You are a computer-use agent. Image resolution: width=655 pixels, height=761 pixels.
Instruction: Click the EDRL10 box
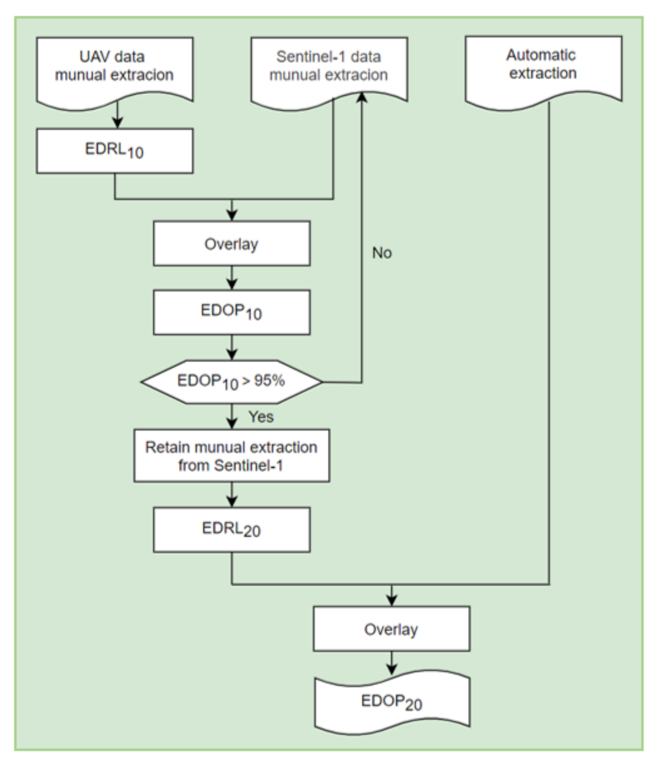click(115, 151)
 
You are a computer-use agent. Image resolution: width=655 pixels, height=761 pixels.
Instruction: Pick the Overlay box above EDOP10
click(232, 243)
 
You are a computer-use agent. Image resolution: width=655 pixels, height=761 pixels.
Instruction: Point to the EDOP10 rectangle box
click(232, 312)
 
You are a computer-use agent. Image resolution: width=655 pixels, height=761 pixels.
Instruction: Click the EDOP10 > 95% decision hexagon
click(232, 381)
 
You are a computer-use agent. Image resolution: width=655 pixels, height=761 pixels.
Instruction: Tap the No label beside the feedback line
click(382, 253)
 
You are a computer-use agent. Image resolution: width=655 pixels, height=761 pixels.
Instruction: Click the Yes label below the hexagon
click(261, 417)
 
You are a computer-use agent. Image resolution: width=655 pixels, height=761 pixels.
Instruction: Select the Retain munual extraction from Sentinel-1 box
click(232, 455)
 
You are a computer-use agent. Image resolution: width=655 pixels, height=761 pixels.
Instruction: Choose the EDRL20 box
click(232, 529)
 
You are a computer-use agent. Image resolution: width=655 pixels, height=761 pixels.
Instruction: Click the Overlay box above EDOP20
click(392, 629)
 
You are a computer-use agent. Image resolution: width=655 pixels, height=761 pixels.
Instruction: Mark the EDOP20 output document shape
click(392, 702)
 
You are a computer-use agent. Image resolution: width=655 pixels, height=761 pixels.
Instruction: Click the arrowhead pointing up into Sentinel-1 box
click(362, 97)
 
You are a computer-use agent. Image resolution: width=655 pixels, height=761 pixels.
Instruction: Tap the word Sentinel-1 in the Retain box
click(249, 466)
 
